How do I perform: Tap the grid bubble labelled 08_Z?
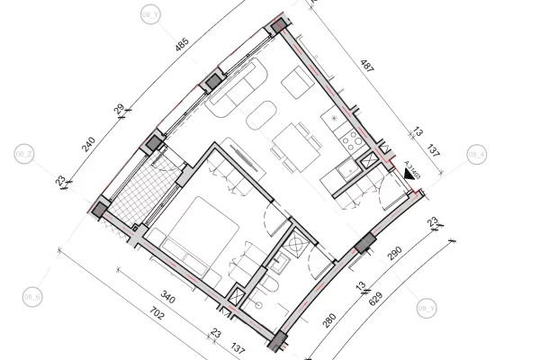click(24, 155)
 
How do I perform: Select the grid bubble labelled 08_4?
click(476, 155)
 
